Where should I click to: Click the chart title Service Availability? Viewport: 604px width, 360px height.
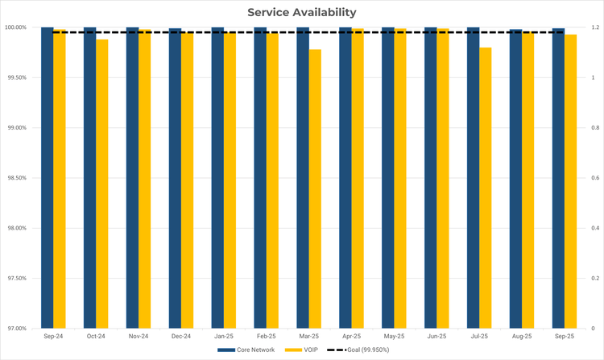[x=301, y=12]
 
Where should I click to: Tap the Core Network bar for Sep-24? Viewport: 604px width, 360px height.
[x=48, y=177]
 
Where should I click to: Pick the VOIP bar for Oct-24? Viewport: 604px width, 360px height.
[x=102, y=184]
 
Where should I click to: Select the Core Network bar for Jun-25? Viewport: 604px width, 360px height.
[x=431, y=177]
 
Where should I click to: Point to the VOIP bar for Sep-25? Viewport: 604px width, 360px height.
[x=570, y=181]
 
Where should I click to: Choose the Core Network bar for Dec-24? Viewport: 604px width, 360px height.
[x=175, y=177]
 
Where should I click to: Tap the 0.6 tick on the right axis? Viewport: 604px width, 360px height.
[x=594, y=178]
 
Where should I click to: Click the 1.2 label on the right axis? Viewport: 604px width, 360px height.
[x=594, y=27]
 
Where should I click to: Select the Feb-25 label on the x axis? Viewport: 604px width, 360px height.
[x=267, y=336]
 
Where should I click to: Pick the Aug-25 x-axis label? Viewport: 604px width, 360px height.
[x=522, y=336]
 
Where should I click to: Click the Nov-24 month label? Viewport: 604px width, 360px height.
[x=139, y=336]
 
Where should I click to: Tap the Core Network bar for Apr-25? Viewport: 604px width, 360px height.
[x=345, y=177]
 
